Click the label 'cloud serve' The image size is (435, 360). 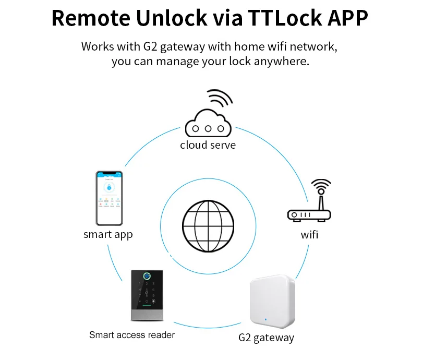(208, 145)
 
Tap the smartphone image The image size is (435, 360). (108, 197)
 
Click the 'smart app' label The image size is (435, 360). (108, 234)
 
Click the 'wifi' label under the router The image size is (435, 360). (309, 235)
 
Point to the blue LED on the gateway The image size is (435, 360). (265, 318)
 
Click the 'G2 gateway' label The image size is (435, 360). (266, 338)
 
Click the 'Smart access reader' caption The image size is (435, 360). (131, 334)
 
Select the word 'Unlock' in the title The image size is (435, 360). (170, 18)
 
